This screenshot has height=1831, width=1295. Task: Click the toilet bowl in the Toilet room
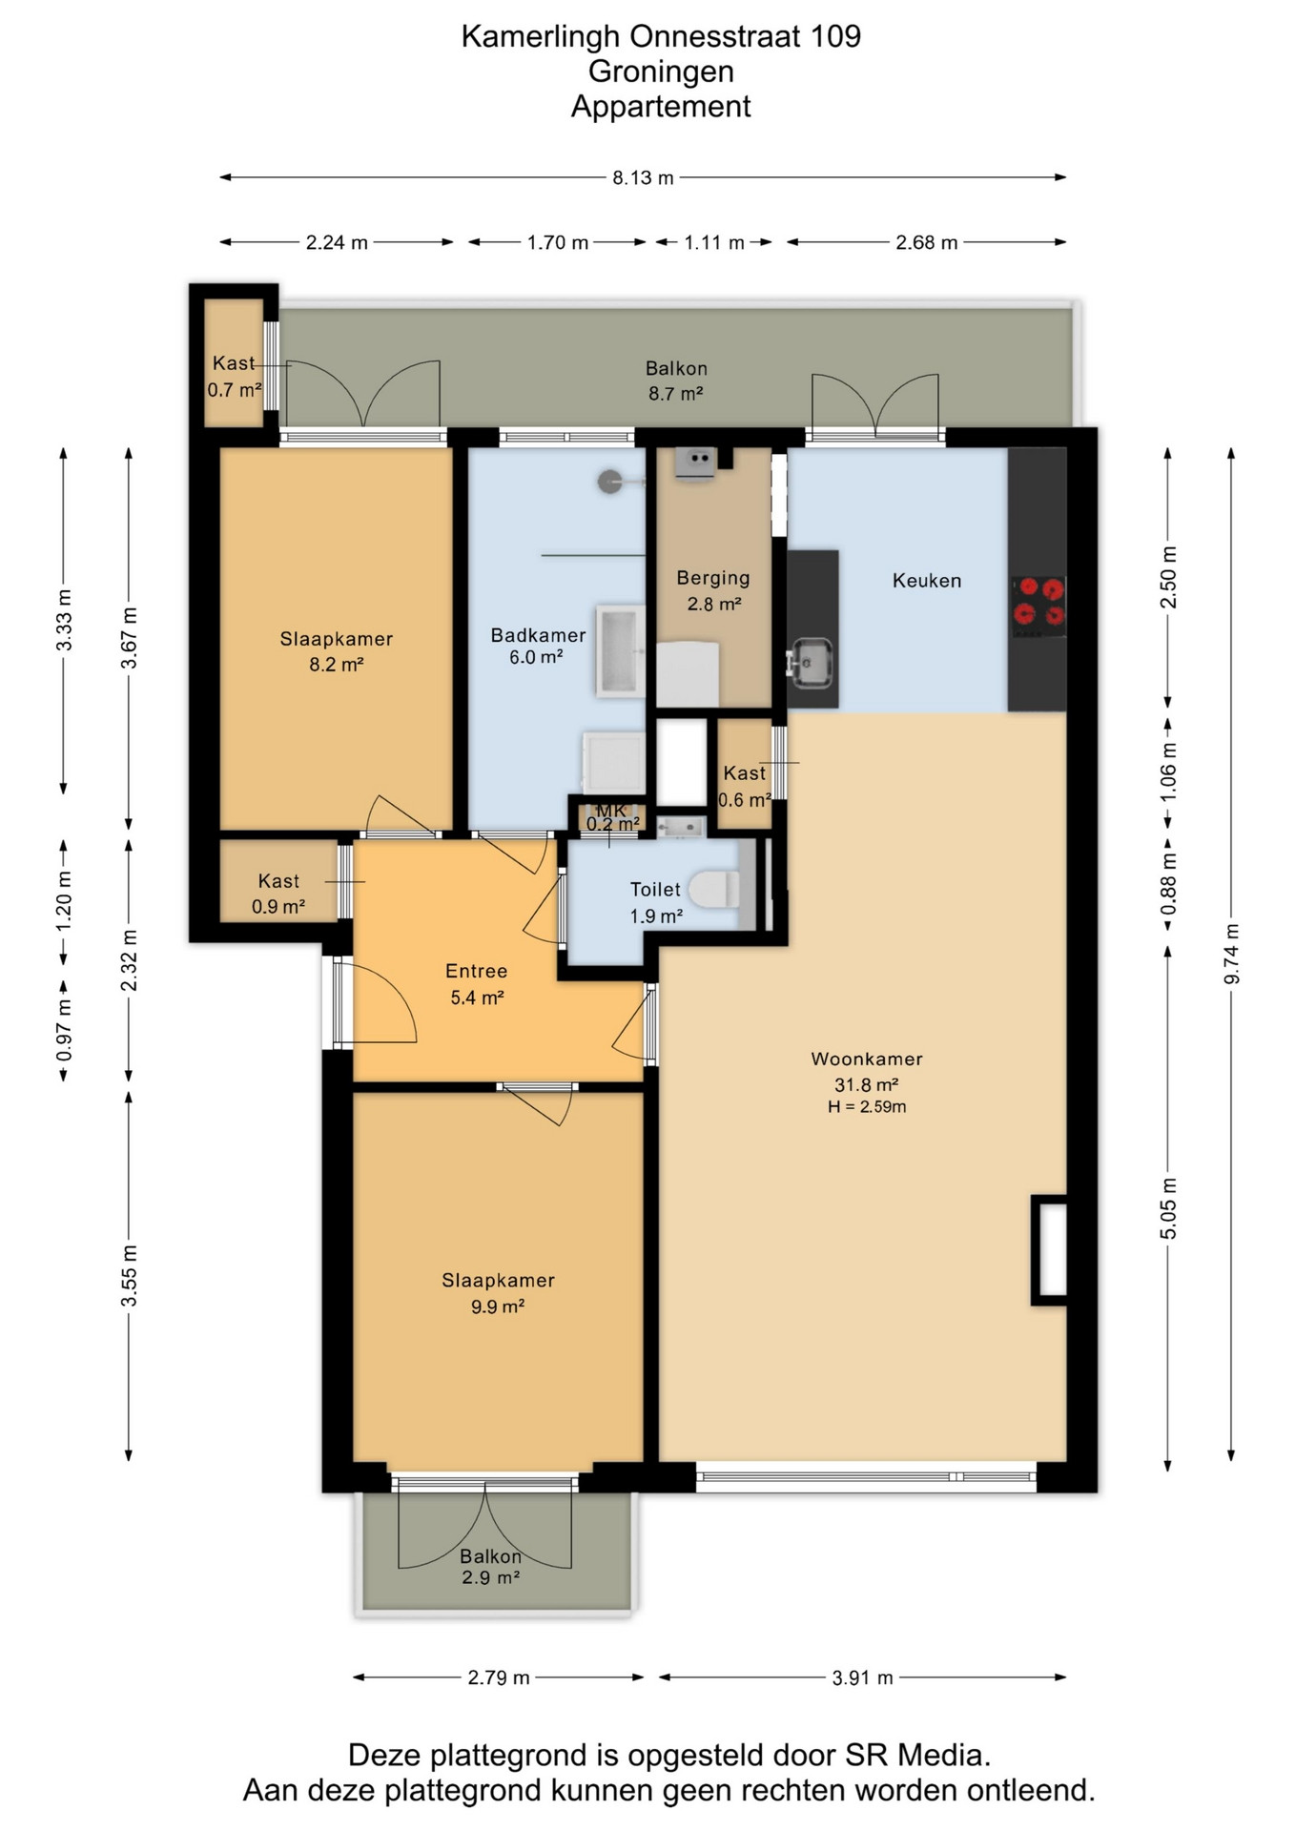pos(714,889)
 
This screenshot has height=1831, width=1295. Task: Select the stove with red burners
pos(1038,607)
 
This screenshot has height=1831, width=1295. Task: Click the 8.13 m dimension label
pos(643,177)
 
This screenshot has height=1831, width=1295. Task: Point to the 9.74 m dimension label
pos(1231,955)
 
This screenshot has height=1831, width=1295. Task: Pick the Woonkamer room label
pos(867,1059)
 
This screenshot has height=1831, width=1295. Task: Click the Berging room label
pos(713,578)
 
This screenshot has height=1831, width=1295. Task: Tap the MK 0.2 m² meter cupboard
pos(612,818)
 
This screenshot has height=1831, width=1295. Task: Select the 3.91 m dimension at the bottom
pos(862,1677)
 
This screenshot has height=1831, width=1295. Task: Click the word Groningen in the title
pos(661,72)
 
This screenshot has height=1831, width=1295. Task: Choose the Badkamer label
pos(538,635)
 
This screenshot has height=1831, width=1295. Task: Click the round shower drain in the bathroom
pos(609,482)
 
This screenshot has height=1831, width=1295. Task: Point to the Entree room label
pos(476,971)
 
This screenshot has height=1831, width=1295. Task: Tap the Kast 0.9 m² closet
pos(278,881)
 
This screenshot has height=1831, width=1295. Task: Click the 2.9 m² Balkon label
pos(490,1567)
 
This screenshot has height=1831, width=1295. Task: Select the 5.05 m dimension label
pos(1168,1208)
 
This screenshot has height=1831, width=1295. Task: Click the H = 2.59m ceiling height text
pos(867,1107)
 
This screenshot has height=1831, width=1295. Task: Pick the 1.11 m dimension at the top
pos(713,242)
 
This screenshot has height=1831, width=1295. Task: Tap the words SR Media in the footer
pos(917,1756)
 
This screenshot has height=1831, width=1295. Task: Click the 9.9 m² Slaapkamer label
pos(498,1293)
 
